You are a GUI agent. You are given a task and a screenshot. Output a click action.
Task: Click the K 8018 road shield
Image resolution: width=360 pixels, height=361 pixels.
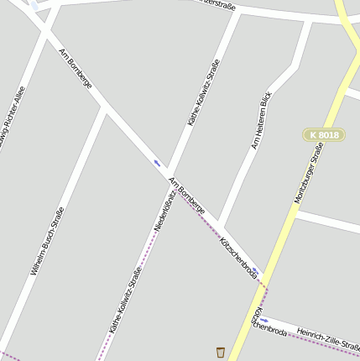323,134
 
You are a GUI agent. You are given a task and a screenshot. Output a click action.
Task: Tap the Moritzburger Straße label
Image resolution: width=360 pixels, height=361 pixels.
309,173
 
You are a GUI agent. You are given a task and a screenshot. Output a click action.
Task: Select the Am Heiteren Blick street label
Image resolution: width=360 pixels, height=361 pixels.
262,120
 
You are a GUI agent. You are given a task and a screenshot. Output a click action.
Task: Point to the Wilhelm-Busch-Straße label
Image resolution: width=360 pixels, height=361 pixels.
47,242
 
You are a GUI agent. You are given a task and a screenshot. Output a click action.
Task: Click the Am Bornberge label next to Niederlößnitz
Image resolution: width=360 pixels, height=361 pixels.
186,196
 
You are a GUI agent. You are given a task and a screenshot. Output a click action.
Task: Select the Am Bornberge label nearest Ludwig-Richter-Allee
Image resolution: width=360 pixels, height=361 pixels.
75,66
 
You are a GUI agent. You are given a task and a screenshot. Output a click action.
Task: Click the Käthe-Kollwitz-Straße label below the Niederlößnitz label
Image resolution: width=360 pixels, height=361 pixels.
126,300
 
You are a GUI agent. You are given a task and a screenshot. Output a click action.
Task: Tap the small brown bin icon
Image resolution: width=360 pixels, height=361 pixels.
221,352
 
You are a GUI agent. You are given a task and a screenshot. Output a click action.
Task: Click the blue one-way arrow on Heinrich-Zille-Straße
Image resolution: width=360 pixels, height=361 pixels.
263,320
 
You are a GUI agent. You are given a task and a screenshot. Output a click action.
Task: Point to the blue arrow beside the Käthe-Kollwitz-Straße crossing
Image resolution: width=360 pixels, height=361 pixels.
157,162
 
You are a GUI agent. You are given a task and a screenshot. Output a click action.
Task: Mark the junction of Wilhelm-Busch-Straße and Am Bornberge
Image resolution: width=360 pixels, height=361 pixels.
105,108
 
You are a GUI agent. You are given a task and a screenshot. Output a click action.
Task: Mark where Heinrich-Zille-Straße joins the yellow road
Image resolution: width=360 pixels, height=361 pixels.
251,316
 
